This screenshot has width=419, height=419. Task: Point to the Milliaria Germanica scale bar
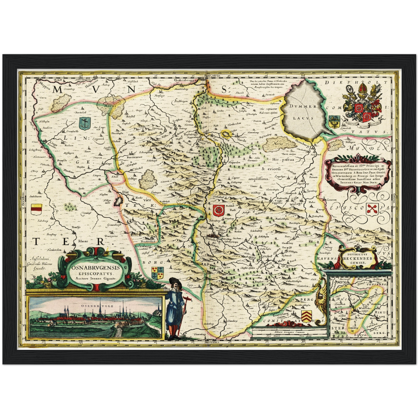287,333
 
